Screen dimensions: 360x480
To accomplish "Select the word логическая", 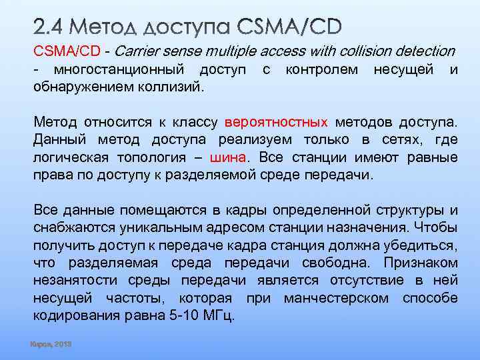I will [x=74, y=157].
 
